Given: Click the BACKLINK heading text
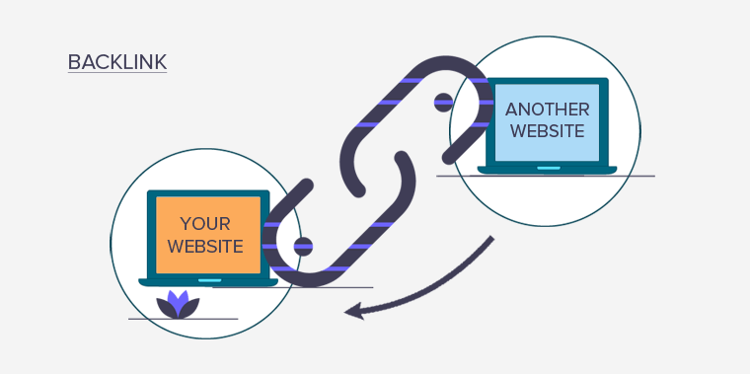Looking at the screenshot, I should coord(117,62).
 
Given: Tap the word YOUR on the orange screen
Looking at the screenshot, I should coord(204,223).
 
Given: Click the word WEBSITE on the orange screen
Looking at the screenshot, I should coord(204,247).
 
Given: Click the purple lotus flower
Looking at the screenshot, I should coord(178,305).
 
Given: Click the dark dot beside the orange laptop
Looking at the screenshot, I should coord(303,246).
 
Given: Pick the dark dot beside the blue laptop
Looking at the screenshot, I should coord(443,101).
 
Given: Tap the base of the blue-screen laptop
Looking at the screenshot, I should coord(547,170).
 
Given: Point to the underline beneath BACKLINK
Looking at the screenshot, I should coord(117,73).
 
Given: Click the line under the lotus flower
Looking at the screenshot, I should coord(184,319).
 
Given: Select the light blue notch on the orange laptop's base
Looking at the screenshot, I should coord(209,279).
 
